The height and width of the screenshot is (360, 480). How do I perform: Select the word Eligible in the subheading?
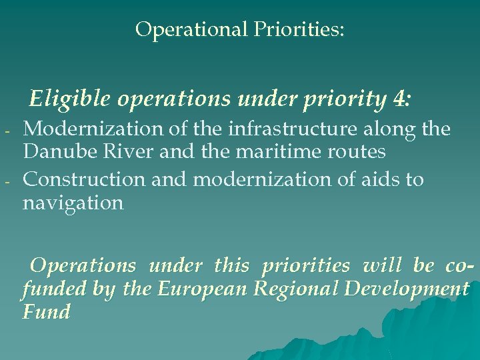click(71, 99)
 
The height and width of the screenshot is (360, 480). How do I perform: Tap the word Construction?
click(83, 179)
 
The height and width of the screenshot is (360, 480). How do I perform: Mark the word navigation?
click(73, 203)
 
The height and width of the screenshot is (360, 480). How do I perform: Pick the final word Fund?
click(46, 311)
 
